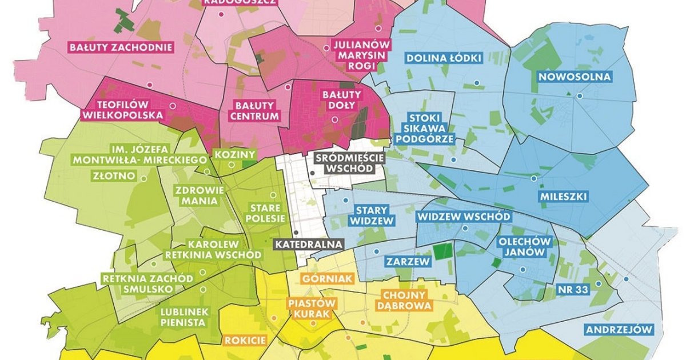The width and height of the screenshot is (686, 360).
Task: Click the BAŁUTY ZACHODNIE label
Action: [121, 47]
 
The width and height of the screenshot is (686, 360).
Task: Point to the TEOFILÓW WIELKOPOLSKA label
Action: [122, 110]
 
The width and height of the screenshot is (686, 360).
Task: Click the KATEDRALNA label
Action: [309, 244]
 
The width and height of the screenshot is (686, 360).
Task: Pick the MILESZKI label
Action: [563, 197]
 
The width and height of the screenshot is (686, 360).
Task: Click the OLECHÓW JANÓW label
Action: [525, 247]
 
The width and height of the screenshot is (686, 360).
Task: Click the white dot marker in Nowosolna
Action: [580, 97]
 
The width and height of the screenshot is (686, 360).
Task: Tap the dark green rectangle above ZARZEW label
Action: [441, 251]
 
